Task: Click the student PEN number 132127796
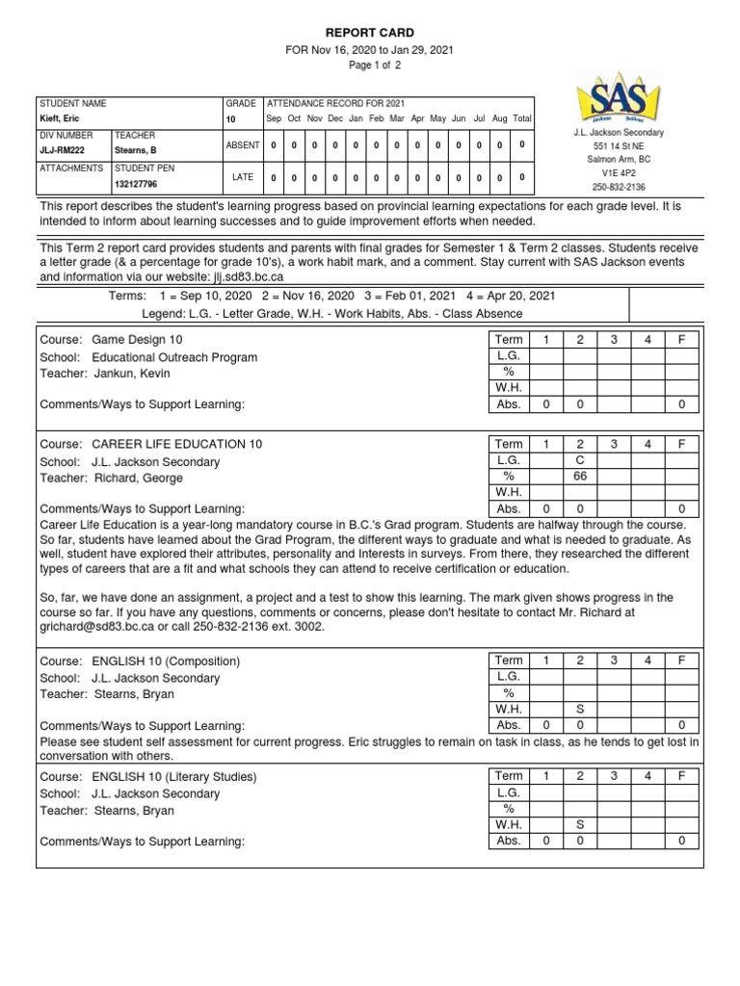pos(137,184)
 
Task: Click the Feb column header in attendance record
pos(376,118)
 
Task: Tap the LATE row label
pos(243,177)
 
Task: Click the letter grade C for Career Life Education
pos(580,460)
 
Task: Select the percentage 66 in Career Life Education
pos(580,477)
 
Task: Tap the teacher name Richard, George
pos(138,478)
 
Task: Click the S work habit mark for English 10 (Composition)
pos(580,709)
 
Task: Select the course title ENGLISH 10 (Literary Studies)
pos(174,776)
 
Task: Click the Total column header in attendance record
pos(521,118)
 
